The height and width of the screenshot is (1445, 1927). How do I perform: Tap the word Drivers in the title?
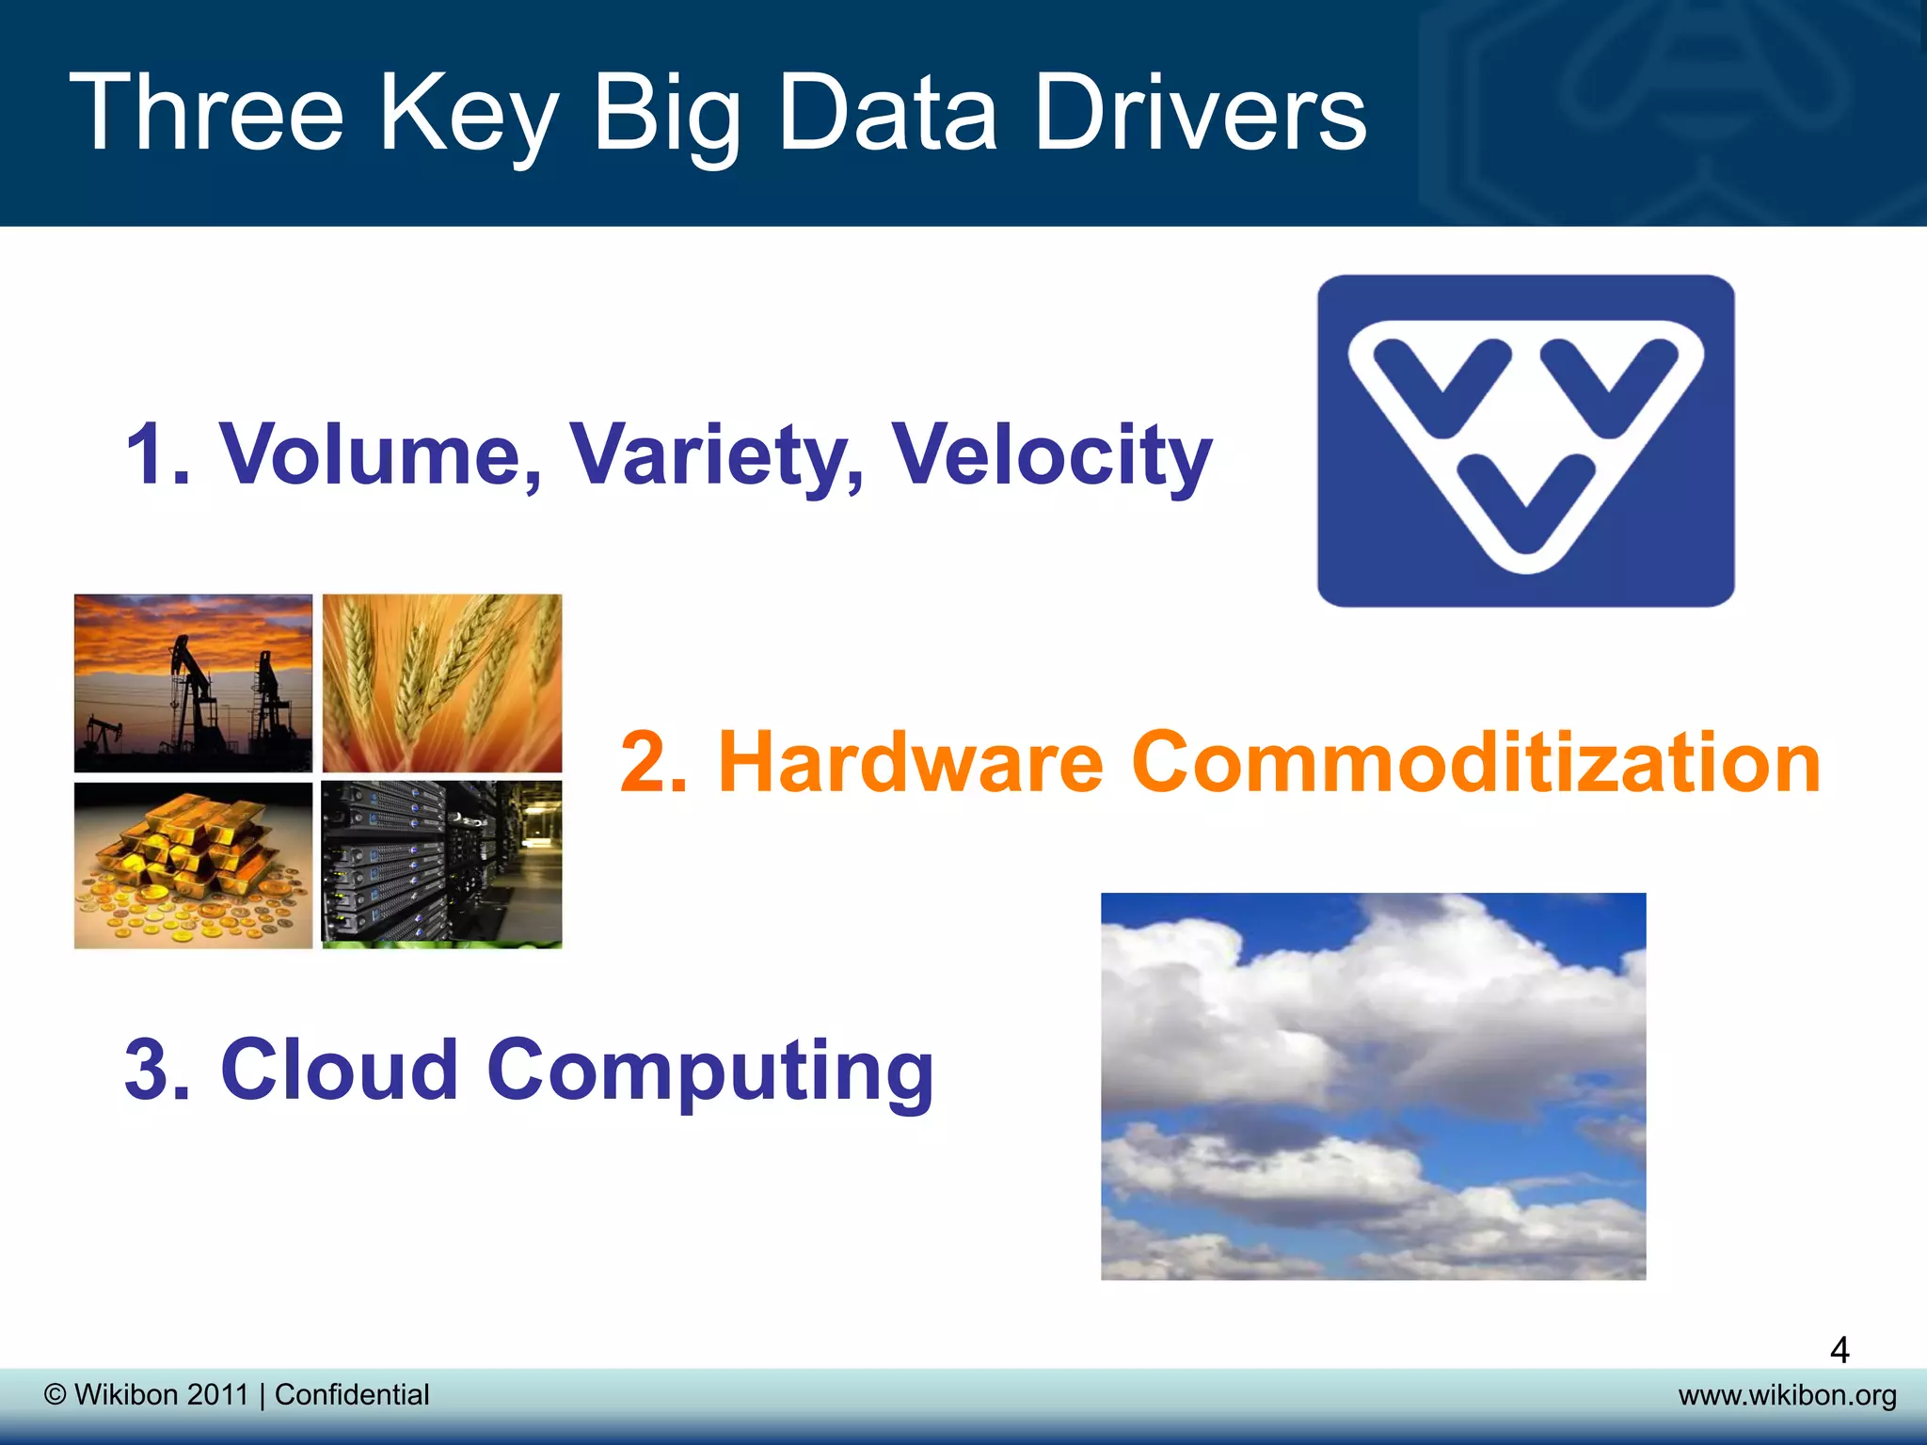[x=1200, y=114]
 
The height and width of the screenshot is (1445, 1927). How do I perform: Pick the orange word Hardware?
[x=910, y=762]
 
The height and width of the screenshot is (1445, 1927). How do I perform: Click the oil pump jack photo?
[x=193, y=683]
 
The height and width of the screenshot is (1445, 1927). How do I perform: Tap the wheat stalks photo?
[x=442, y=683]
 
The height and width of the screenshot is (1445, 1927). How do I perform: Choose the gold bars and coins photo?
[x=193, y=865]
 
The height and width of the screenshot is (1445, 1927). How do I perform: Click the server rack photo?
[x=442, y=865]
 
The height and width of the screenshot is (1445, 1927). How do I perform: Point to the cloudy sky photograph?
[x=1373, y=1086]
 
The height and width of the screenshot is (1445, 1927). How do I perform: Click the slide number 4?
[x=1839, y=1351]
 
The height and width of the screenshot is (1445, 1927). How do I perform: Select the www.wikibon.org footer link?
[x=1787, y=1395]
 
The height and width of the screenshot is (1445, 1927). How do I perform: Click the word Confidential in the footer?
[x=352, y=1394]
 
